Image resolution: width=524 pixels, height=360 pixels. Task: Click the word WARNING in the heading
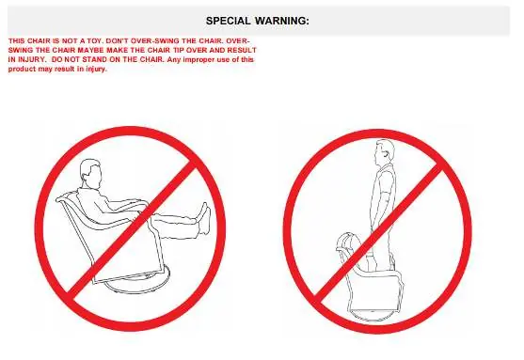282,21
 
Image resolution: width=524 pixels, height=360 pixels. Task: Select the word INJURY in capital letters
30,60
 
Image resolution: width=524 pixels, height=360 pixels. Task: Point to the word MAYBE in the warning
92,51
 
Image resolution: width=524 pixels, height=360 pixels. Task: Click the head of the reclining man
90,171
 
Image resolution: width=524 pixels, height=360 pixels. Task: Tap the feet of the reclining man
205,219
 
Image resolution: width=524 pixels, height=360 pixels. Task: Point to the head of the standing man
385,152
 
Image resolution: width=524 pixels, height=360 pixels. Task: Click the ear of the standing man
387,154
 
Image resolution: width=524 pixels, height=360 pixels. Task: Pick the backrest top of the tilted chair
66,197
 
